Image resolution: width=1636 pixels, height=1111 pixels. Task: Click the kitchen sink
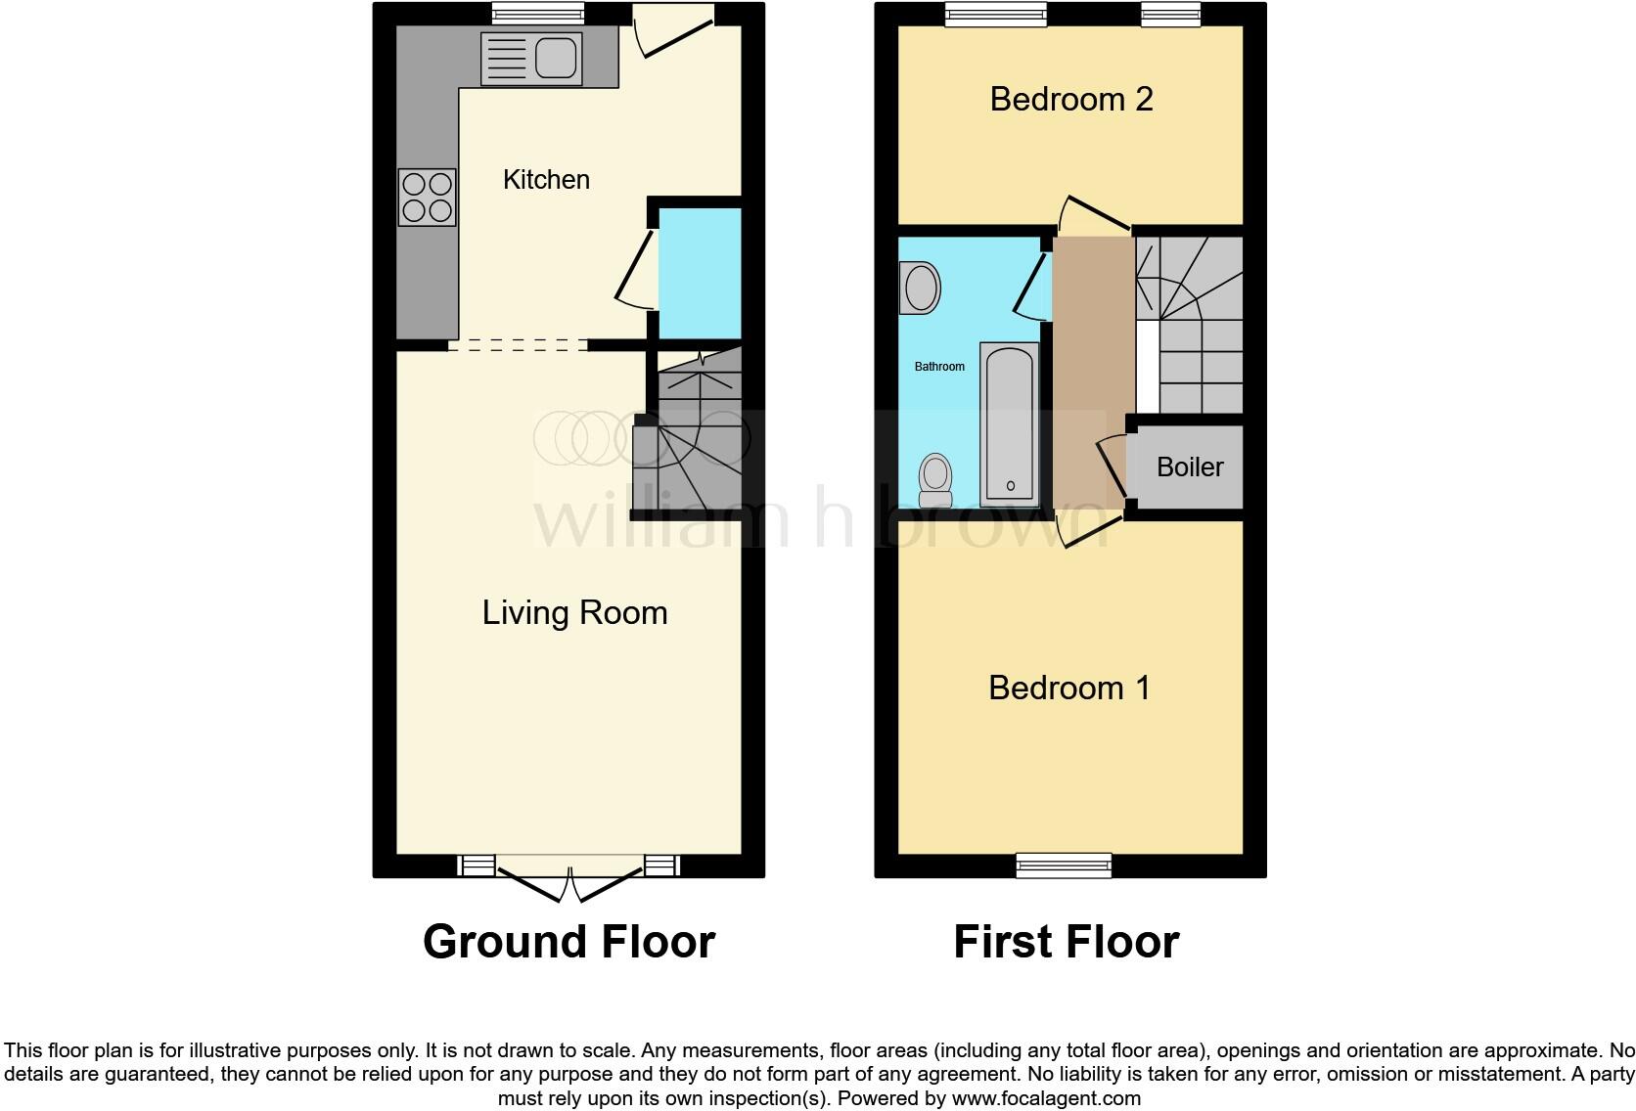coord(531,58)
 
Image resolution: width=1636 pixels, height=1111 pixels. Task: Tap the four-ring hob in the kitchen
coord(428,198)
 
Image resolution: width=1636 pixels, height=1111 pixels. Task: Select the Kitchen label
coord(546,180)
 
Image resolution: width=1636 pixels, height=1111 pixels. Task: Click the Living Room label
coord(574,613)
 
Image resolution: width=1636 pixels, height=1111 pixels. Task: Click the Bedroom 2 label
coord(1071,99)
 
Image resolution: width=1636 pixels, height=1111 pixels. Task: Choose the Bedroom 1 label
coord(1069,688)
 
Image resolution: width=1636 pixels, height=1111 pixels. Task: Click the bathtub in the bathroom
coord(1009,422)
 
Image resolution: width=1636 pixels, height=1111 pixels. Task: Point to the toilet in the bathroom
coord(935,480)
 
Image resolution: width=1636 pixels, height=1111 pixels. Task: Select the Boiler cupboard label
coord(1190,467)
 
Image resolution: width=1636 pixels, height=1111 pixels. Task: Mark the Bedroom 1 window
coord(1064,865)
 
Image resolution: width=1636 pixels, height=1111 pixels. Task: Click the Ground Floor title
coord(568,942)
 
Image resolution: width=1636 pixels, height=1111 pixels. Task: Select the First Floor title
coord(1067,942)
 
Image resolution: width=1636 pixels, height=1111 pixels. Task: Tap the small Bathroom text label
coord(939,367)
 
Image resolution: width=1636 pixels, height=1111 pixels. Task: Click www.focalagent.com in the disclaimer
coord(1045,1098)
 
